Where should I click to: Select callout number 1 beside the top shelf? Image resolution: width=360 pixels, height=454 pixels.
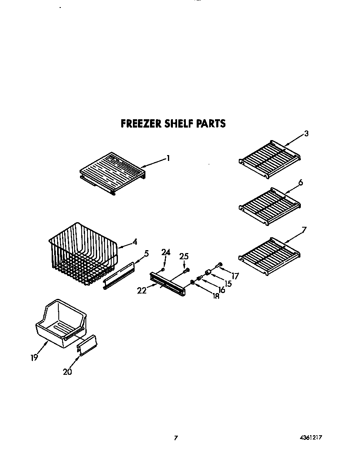(x=168, y=158)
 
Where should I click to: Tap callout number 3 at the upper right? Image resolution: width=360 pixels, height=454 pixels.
(x=306, y=134)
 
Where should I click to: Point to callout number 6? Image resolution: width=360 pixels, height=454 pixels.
(x=300, y=183)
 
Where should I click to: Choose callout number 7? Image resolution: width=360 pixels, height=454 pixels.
(x=304, y=229)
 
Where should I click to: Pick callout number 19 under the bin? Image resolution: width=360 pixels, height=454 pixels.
(x=34, y=357)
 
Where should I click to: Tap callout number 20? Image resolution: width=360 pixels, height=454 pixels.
(x=67, y=372)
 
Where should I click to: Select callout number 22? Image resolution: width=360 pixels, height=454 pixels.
(x=142, y=291)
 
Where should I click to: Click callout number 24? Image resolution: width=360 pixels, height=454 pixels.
(x=166, y=252)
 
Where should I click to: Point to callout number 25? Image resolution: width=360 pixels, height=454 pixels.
(x=184, y=256)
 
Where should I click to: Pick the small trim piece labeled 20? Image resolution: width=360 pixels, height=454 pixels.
(x=87, y=346)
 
